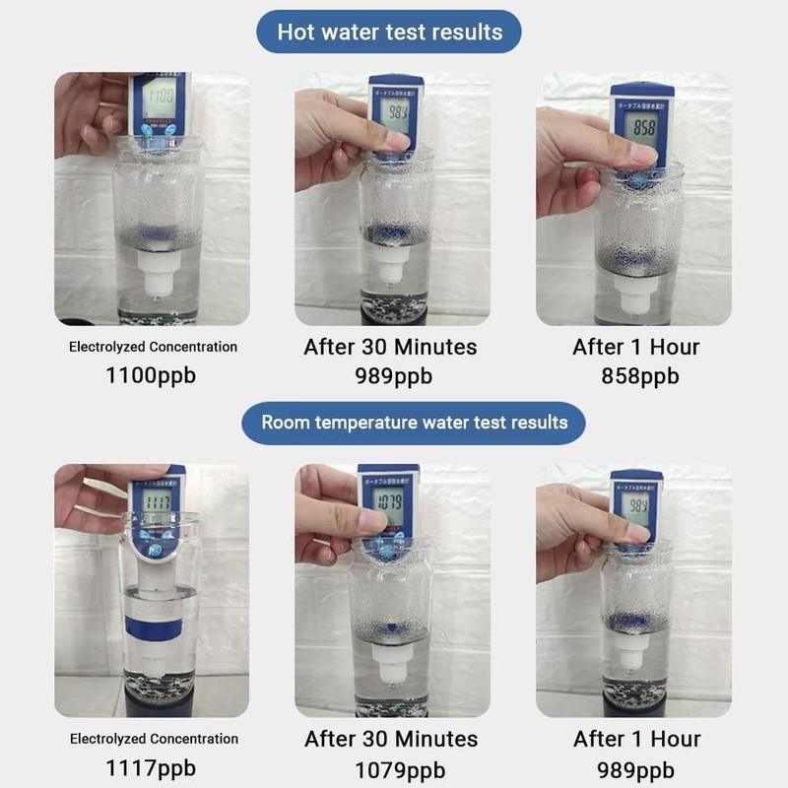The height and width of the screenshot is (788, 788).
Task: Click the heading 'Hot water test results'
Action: click(389, 32)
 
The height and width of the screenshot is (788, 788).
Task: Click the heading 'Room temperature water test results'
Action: click(414, 423)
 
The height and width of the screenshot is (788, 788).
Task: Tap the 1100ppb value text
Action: click(153, 375)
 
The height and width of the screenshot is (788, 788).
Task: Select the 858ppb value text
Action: click(640, 375)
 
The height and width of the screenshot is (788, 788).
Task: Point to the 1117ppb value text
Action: click(153, 767)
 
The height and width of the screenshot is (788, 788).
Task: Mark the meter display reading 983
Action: click(398, 111)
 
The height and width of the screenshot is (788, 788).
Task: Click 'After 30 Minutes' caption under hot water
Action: click(390, 347)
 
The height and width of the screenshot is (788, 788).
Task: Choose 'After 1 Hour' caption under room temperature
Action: click(636, 739)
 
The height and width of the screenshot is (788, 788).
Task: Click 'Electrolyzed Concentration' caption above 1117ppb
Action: click(153, 739)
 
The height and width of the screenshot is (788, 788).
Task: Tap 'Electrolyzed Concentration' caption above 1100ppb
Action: click(153, 347)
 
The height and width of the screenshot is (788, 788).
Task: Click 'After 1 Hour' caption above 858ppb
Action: click(636, 347)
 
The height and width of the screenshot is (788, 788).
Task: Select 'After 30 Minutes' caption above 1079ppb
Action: click(391, 739)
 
